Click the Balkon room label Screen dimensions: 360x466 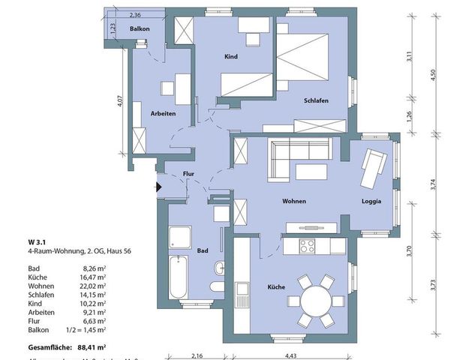[x=140, y=29]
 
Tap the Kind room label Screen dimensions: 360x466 [x=232, y=57]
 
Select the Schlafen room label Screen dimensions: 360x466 [x=316, y=100]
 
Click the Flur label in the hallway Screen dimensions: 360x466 [x=190, y=175]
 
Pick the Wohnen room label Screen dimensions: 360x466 [x=293, y=202]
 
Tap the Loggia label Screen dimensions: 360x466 [x=371, y=202]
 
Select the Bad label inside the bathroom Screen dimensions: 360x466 [x=202, y=251]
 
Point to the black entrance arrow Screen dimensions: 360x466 [x=158, y=187]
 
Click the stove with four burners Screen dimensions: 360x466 [x=307, y=245]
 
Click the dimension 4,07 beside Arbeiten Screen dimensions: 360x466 [x=120, y=100]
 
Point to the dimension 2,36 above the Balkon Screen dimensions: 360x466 [x=135, y=15]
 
